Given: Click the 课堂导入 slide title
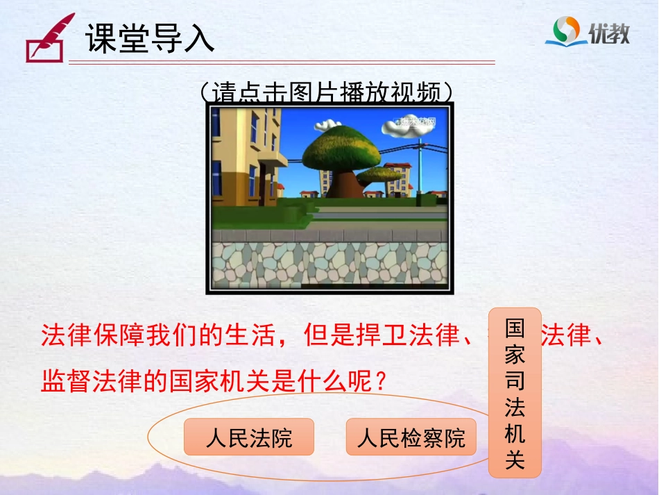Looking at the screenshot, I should click(x=150, y=39).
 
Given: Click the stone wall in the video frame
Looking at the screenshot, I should click(x=329, y=264).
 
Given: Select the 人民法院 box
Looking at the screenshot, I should click(x=249, y=437).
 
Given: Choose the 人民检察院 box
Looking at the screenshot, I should click(x=411, y=437).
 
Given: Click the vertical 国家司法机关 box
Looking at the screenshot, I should click(x=515, y=392).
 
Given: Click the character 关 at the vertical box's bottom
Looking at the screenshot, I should click(x=515, y=460).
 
